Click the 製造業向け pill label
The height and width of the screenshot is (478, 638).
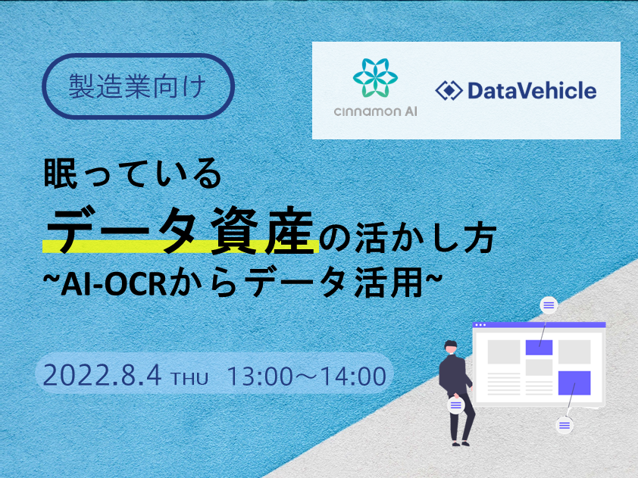click(139, 86)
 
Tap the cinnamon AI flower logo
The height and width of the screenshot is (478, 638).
click(375, 78)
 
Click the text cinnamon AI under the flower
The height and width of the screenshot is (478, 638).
click(375, 111)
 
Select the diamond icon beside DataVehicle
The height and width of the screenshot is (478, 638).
click(449, 90)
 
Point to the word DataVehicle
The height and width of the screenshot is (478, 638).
click(532, 90)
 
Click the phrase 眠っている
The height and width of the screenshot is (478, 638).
click(133, 174)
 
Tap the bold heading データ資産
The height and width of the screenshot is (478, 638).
click(180, 230)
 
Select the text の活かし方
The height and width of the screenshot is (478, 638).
click(408, 238)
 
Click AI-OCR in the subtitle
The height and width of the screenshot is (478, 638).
click(114, 284)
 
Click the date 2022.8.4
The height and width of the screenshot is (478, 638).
click(102, 375)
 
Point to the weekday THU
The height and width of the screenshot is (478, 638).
click(189, 378)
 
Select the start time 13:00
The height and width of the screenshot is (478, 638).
click(260, 376)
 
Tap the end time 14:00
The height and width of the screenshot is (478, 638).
click(353, 376)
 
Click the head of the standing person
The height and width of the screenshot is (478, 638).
click(451, 347)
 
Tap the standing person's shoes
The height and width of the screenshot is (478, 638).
click(461, 443)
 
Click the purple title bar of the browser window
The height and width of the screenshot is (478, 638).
click(539, 325)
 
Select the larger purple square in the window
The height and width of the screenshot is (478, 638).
click(574, 383)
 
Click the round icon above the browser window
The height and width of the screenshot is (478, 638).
click(549, 305)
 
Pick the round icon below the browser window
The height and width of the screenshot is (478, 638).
click(565, 426)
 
